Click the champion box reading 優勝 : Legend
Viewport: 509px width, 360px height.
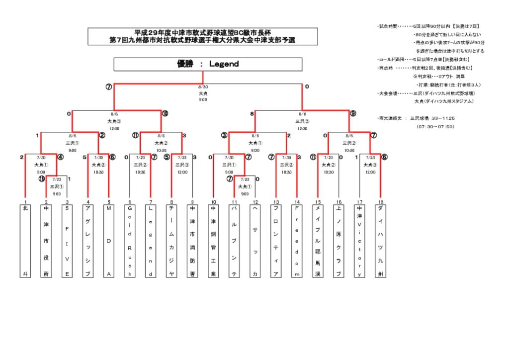coord(208,64)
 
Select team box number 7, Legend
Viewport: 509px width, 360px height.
coord(151,241)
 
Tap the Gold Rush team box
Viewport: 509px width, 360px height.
coord(130,241)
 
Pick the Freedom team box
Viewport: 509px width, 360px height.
coord(297,241)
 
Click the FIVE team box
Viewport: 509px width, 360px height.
coord(67,241)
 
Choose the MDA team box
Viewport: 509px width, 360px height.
coord(109,241)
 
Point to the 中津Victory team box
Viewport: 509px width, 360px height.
coord(359,241)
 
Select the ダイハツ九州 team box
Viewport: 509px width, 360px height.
coord(380,241)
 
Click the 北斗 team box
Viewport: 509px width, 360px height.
coord(25,241)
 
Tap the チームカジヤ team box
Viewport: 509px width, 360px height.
coord(171,241)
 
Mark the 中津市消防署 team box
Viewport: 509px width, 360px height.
coord(192,241)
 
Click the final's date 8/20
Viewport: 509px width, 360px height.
coord(203,87)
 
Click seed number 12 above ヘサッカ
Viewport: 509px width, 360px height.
coord(255,202)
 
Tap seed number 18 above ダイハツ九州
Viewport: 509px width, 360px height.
coord(380,202)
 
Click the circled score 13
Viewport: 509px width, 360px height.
coord(42,179)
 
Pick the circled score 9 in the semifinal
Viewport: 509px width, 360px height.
coord(352,113)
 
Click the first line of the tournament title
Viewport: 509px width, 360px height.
coord(202,32)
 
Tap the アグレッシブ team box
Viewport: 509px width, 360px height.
coord(88,241)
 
